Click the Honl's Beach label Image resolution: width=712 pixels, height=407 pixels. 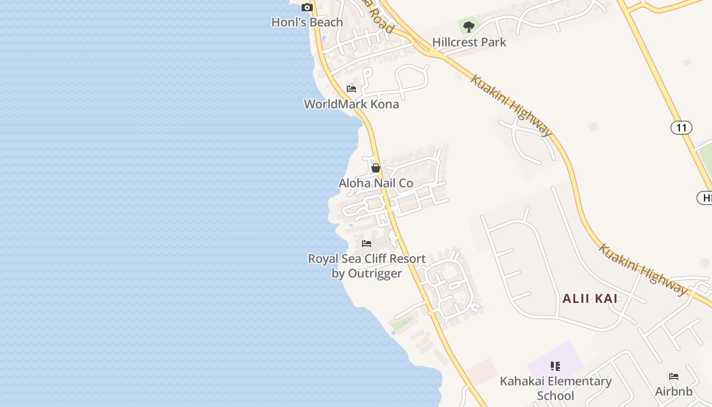tap(307, 22)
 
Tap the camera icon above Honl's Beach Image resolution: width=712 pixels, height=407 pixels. tap(307, 7)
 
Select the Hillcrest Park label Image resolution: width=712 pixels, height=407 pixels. tap(469, 42)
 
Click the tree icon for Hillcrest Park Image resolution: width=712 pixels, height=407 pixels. tap(469, 26)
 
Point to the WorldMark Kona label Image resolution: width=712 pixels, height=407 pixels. tap(351, 104)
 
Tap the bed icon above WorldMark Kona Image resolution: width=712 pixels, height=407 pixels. tap(351, 89)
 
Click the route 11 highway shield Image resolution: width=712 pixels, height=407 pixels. tap(681, 127)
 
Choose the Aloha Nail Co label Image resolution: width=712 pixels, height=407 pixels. tap(376, 183)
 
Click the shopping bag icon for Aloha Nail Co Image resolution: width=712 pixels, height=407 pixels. tap(376, 168)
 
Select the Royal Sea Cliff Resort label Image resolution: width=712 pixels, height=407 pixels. tap(367, 259)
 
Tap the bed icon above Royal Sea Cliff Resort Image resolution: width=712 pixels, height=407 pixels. tap(367, 244)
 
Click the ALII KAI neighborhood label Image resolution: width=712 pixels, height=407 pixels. tap(590, 299)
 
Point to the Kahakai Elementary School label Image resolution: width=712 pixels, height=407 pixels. tap(555, 388)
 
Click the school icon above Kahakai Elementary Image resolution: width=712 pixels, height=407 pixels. tap(555, 366)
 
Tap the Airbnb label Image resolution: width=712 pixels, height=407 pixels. tap(674, 392)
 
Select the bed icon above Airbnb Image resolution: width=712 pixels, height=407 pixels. tap(674, 376)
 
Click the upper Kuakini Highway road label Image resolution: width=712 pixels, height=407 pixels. tap(511, 106)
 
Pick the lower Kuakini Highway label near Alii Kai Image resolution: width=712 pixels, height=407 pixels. tap(643, 269)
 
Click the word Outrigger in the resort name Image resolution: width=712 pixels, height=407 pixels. tap(375, 274)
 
